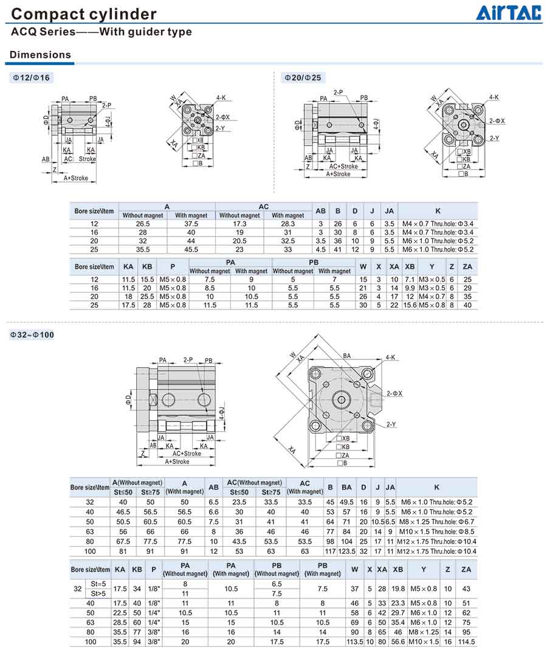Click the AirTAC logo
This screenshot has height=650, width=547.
pyautogui.click(x=509, y=12)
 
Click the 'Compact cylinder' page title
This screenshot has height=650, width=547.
pyautogui.click(x=84, y=14)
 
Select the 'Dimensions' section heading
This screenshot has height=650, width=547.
pyautogui.click(x=40, y=55)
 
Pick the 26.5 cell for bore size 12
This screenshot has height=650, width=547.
pyautogui.click(x=143, y=224)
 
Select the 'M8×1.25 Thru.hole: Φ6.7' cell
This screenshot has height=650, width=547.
pyautogui.click(x=436, y=522)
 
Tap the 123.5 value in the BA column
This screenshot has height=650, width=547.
pyautogui.click(x=346, y=551)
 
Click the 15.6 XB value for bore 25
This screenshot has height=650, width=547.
pyautogui.click(x=410, y=305)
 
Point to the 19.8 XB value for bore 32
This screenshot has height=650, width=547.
pyautogui.click(x=398, y=588)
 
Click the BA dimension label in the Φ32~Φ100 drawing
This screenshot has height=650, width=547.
pyautogui.click(x=347, y=356)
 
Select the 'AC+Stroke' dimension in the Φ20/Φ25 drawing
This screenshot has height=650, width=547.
pyautogui.click(x=343, y=166)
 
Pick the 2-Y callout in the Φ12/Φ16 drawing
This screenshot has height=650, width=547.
pyautogui.click(x=220, y=128)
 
